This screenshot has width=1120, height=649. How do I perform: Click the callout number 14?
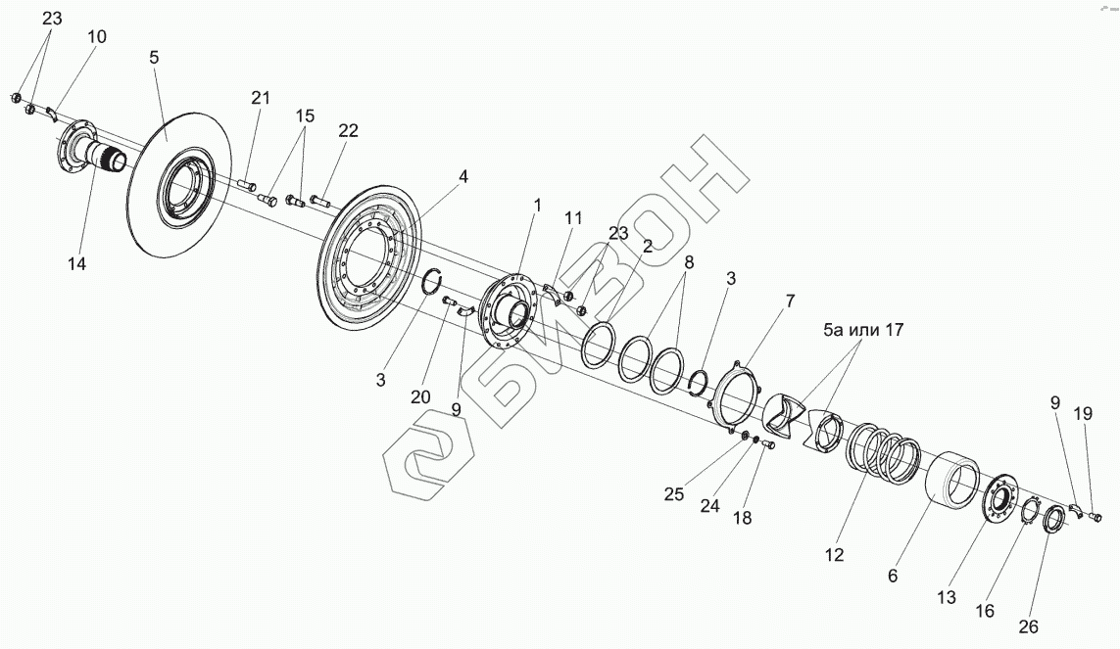click(x=75, y=263)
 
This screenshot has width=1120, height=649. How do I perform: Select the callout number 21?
click(x=260, y=97)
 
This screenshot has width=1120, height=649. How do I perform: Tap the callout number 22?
click(x=348, y=131)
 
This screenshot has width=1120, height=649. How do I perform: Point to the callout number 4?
click(x=463, y=177)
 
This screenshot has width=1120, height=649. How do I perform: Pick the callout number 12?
click(x=834, y=554)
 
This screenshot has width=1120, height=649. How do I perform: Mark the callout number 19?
click(x=1082, y=414)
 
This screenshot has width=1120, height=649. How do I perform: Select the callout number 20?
click(x=419, y=396)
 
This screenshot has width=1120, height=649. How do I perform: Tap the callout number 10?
click(x=97, y=37)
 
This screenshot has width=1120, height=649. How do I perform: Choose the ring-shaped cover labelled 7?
click(x=736, y=395)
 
